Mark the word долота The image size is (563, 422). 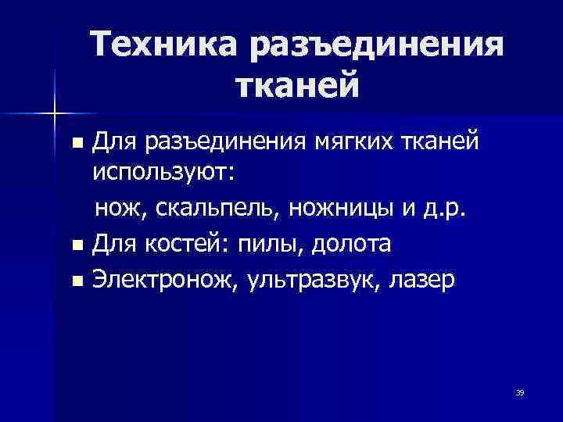[x=351, y=245]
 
